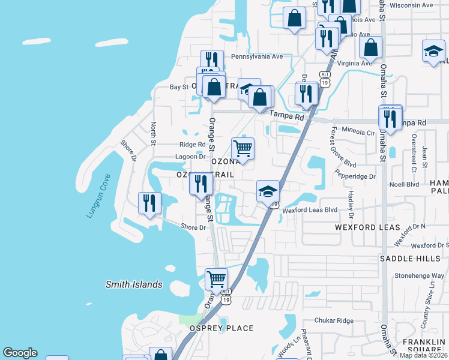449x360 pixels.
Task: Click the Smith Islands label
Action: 134,284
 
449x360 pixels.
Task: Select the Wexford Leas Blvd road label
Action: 310,210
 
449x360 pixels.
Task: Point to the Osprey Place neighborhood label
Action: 221,328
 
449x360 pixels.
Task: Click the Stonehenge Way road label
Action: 419,277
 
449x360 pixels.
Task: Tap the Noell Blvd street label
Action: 404,185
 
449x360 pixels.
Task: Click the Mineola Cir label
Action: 358,130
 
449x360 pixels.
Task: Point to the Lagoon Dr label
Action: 190,157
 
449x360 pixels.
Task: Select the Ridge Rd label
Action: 192,145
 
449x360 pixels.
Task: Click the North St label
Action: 154,134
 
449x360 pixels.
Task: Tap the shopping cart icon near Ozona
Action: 243,148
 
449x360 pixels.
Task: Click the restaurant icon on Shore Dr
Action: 149,202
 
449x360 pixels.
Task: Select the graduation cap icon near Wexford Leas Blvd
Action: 268,191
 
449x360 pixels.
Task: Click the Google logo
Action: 20,353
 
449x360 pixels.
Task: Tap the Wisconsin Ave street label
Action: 411,5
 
